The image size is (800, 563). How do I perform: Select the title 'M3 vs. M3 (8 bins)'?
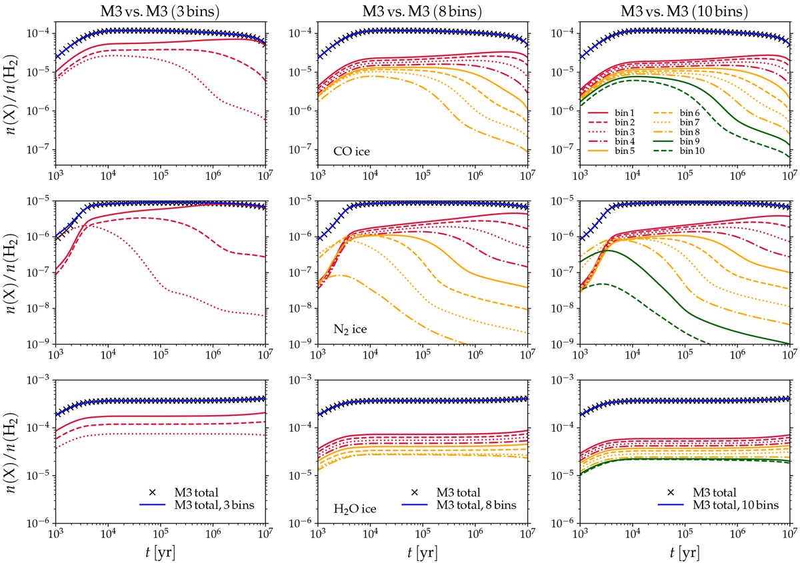[422, 9]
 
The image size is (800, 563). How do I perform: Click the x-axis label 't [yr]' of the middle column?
[422, 552]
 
